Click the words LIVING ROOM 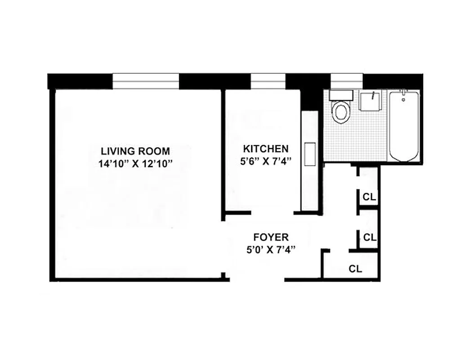[x=135, y=151]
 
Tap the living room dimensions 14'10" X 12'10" [x=136, y=164]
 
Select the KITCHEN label [x=266, y=149]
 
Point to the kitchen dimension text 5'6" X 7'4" [x=266, y=162]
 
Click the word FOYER [x=271, y=237]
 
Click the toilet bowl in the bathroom [x=341, y=112]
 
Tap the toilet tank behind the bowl [x=341, y=94]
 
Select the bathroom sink [x=371, y=100]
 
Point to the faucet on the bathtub [x=403, y=95]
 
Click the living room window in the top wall [x=146, y=81]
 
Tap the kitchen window [x=268, y=81]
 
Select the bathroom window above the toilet [x=346, y=81]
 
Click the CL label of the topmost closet [x=370, y=197]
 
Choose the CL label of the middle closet [x=370, y=237]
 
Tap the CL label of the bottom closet [x=356, y=269]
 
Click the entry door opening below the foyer [x=257, y=280]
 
